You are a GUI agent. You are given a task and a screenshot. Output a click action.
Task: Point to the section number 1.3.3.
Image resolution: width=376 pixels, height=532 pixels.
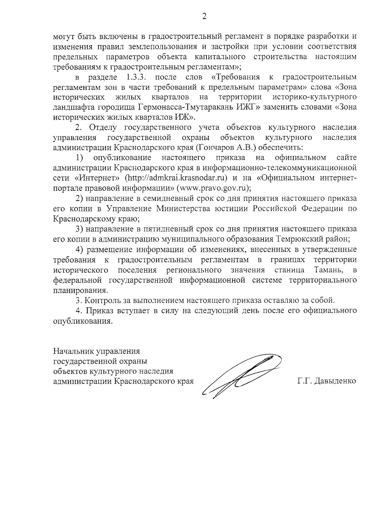(x=137, y=77)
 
